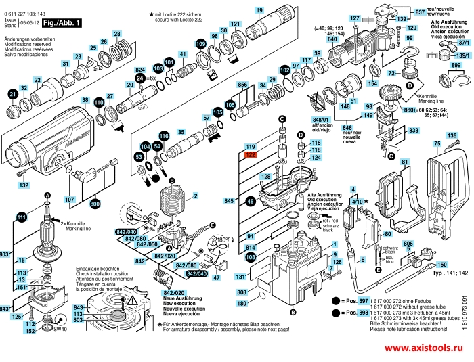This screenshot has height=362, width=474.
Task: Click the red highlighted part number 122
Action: pyautogui.click(x=250, y=155)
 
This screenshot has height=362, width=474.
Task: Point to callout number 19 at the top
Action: pyautogui.click(x=259, y=10)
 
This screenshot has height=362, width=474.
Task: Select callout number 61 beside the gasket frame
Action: pyautogui.click(x=406, y=162)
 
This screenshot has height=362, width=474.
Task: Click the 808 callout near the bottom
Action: pyautogui.click(x=241, y=292)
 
